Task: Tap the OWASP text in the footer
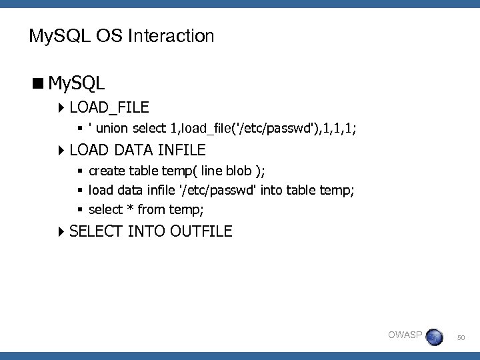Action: pos(405,335)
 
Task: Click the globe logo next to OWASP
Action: pos(434,337)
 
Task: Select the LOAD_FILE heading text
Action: pos(109,107)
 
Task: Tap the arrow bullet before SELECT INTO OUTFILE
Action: pos(61,232)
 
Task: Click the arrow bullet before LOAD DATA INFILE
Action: pos(61,150)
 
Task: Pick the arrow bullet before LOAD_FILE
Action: pos(61,108)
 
